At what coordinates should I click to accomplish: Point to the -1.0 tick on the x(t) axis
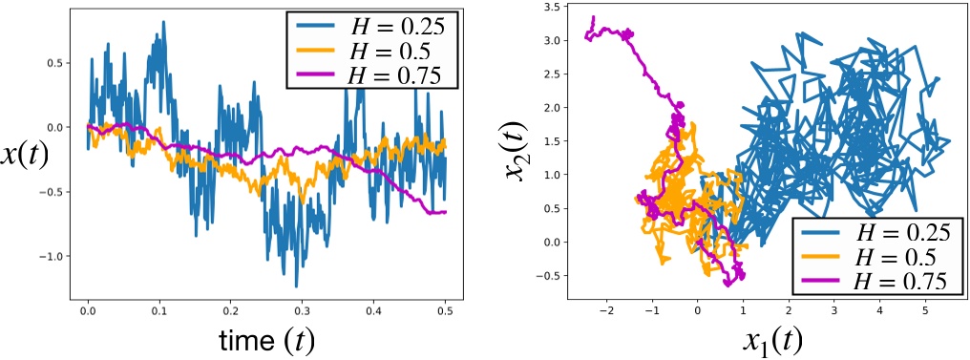pos(59,257)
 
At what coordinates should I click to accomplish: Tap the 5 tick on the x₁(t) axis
pos(925,311)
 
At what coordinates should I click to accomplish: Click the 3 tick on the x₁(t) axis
pos(834,311)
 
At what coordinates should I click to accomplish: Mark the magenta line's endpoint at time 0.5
pos(445,212)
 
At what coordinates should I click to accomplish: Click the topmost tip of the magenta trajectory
pos(593,16)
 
